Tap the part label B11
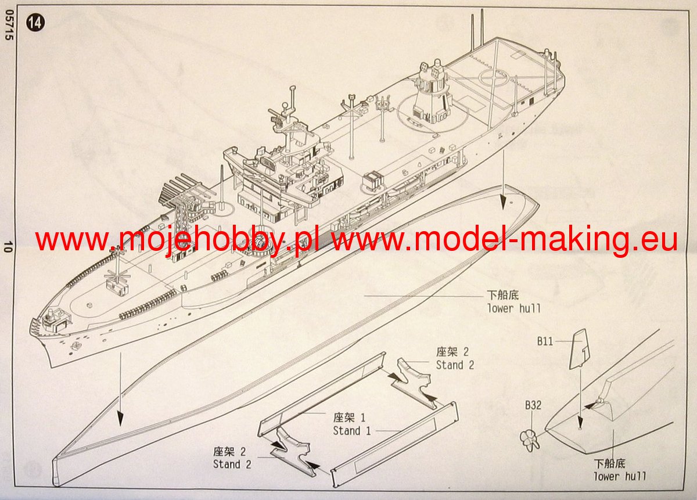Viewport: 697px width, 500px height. (x=545, y=341)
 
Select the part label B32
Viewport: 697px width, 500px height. (x=533, y=405)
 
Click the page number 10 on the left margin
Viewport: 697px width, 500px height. (x=8, y=247)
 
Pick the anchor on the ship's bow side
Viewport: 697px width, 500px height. (x=74, y=346)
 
